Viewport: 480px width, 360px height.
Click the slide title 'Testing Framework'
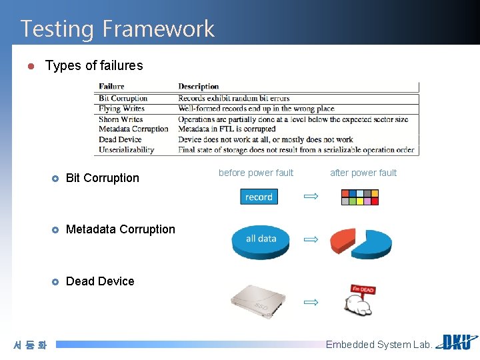click(x=117, y=29)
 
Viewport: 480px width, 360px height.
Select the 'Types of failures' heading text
click(x=93, y=65)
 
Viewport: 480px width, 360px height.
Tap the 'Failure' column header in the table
click(x=111, y=87)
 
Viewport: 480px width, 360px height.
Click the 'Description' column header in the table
click(x=198, y=87)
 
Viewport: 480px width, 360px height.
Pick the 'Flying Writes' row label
click(x=123, y=109)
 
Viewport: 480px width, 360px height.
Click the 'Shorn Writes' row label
click(x=121, y=119)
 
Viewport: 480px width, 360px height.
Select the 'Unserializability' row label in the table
click(x=126, y=150)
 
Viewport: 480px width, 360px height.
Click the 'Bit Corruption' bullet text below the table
click(x=103, y=178)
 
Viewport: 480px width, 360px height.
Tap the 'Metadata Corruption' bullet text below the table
click(x=120, y=229)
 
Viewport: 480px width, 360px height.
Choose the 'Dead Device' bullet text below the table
click(x=100, y=281)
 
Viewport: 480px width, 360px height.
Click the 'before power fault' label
click(x=256, y=173)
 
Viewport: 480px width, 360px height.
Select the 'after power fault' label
click(x=363, y=173)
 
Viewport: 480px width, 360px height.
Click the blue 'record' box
click(x=259, y=197)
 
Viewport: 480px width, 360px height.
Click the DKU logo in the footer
click(x=457, y=343)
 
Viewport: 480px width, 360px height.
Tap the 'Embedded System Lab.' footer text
click(x=379, y=345)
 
